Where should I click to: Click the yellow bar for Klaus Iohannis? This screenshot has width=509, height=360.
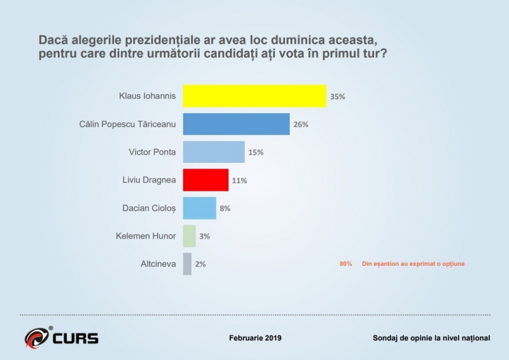coord(254,96)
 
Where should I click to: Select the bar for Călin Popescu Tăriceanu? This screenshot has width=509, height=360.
coord(236,124)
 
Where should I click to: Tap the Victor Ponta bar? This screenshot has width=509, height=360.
coord(214,152)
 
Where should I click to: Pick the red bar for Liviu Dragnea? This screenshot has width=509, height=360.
coord(206,180)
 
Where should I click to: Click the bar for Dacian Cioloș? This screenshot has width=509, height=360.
coord(199,208)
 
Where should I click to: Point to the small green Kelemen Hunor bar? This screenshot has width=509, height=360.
coord(189,236)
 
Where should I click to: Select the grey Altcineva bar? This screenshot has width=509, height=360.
coord(187,263)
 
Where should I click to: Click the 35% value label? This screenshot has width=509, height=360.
coord(337,97)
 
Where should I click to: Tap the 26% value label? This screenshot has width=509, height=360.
coord(300,125)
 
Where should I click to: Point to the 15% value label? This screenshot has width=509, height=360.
coord(256,153)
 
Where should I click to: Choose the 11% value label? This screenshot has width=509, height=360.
coord(239,181)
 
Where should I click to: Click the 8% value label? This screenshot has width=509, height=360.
coord(225,209)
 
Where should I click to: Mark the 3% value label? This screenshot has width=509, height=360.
coord(204,236)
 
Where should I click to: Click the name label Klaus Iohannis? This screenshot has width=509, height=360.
coord(147,97)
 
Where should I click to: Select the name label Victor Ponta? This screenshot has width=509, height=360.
coord(151,152)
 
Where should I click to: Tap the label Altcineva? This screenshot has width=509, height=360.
coord(158,263)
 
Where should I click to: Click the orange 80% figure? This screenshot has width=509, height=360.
coord(345,263)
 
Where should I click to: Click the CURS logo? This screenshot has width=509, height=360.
coord(61,337)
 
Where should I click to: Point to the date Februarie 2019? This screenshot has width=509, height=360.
coord(254,338)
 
